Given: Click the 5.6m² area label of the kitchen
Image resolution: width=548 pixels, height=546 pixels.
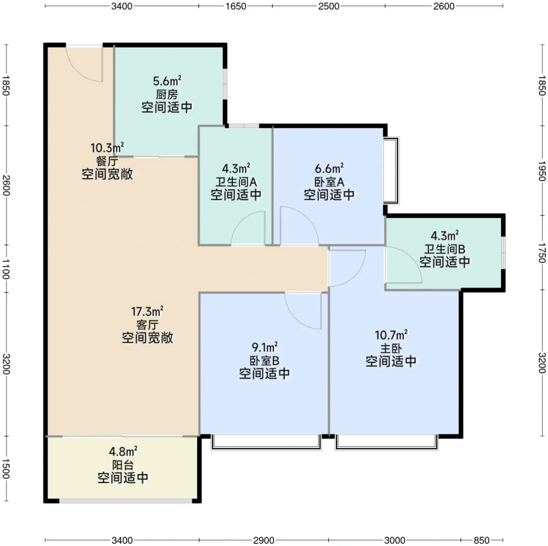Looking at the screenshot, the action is tap(167, 81).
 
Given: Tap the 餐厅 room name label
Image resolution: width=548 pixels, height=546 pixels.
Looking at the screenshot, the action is tap(107, 161).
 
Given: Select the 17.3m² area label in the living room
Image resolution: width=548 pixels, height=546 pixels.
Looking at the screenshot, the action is tap(147, 311).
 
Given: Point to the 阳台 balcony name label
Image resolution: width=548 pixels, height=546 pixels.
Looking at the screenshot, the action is tap(123, 465).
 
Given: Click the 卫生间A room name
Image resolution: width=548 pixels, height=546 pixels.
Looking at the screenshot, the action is tap(236, 182).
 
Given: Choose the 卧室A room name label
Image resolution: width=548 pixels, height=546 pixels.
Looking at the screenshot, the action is tap(329, 182).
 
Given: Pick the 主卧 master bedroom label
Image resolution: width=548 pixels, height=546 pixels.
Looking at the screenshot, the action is tap(391, 349).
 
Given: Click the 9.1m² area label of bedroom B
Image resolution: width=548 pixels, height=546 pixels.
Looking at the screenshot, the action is tap(265, 347).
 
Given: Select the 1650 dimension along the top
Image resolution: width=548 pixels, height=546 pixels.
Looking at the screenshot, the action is tap(236, 6).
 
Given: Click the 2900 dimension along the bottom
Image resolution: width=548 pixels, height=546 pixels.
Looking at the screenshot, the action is tap(263, 540).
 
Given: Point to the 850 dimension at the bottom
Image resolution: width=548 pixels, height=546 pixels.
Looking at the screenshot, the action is tap(481, 540).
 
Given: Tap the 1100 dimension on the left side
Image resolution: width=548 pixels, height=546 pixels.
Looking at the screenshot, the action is tap(6, 269).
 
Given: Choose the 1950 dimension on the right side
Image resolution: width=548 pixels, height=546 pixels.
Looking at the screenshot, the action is tap(542, 171).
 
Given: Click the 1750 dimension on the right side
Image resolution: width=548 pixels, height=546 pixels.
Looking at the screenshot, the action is tap(542, 253).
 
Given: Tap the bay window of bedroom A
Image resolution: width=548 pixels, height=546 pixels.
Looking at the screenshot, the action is tap(392, 170).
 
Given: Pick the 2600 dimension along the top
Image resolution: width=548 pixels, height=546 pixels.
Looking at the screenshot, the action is tap(443, 6).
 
